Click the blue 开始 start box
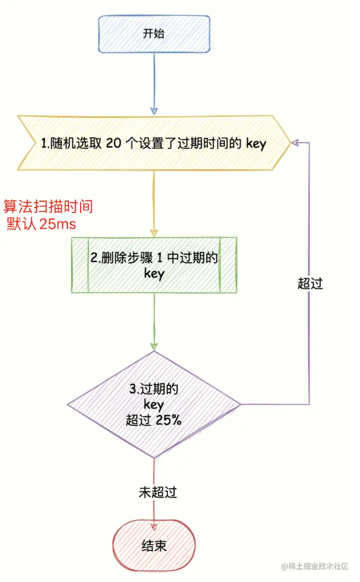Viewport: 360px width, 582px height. [154, 33]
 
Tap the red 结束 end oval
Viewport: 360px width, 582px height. [154, 546]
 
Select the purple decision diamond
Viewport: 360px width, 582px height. [154, 404]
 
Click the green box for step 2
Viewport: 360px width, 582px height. [154, 265]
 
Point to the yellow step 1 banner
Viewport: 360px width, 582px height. [154, 143]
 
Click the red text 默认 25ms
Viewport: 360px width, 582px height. [41, 224]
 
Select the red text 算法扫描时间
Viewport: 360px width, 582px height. [48, 207]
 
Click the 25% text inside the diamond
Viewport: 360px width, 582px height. [169, 421]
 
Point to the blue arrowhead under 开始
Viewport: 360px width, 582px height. [154, 110]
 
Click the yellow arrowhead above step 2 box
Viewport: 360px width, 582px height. [154, 232]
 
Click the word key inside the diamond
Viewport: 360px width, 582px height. [154, 405]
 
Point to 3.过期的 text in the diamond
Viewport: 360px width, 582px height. [154, 389]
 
